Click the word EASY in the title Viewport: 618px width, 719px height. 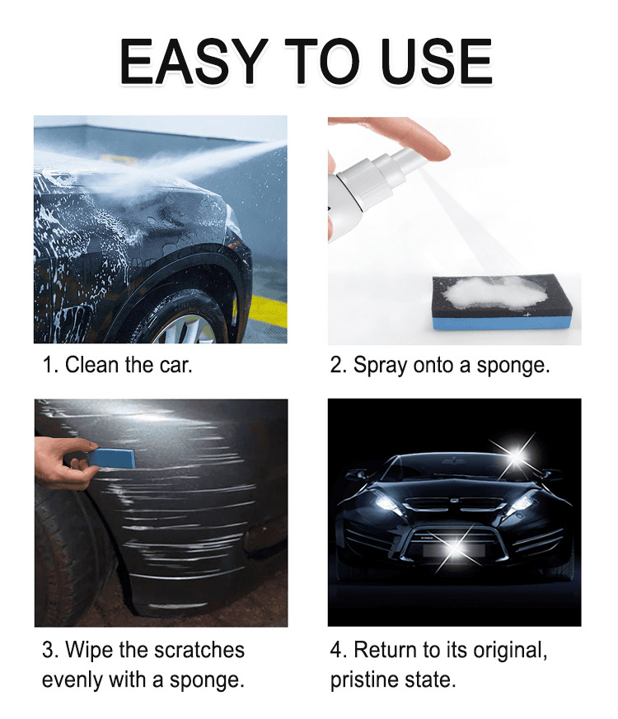point(194,62)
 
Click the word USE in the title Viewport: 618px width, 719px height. point(437,62)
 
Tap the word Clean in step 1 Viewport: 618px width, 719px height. point(91,365)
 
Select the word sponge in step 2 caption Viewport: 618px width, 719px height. point(513,367)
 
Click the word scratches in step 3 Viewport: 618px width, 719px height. point(199,650)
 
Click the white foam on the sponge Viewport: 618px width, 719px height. point(494,292)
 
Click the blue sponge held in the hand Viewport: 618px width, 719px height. point(111,458)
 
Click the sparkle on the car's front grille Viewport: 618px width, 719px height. point(455,547)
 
